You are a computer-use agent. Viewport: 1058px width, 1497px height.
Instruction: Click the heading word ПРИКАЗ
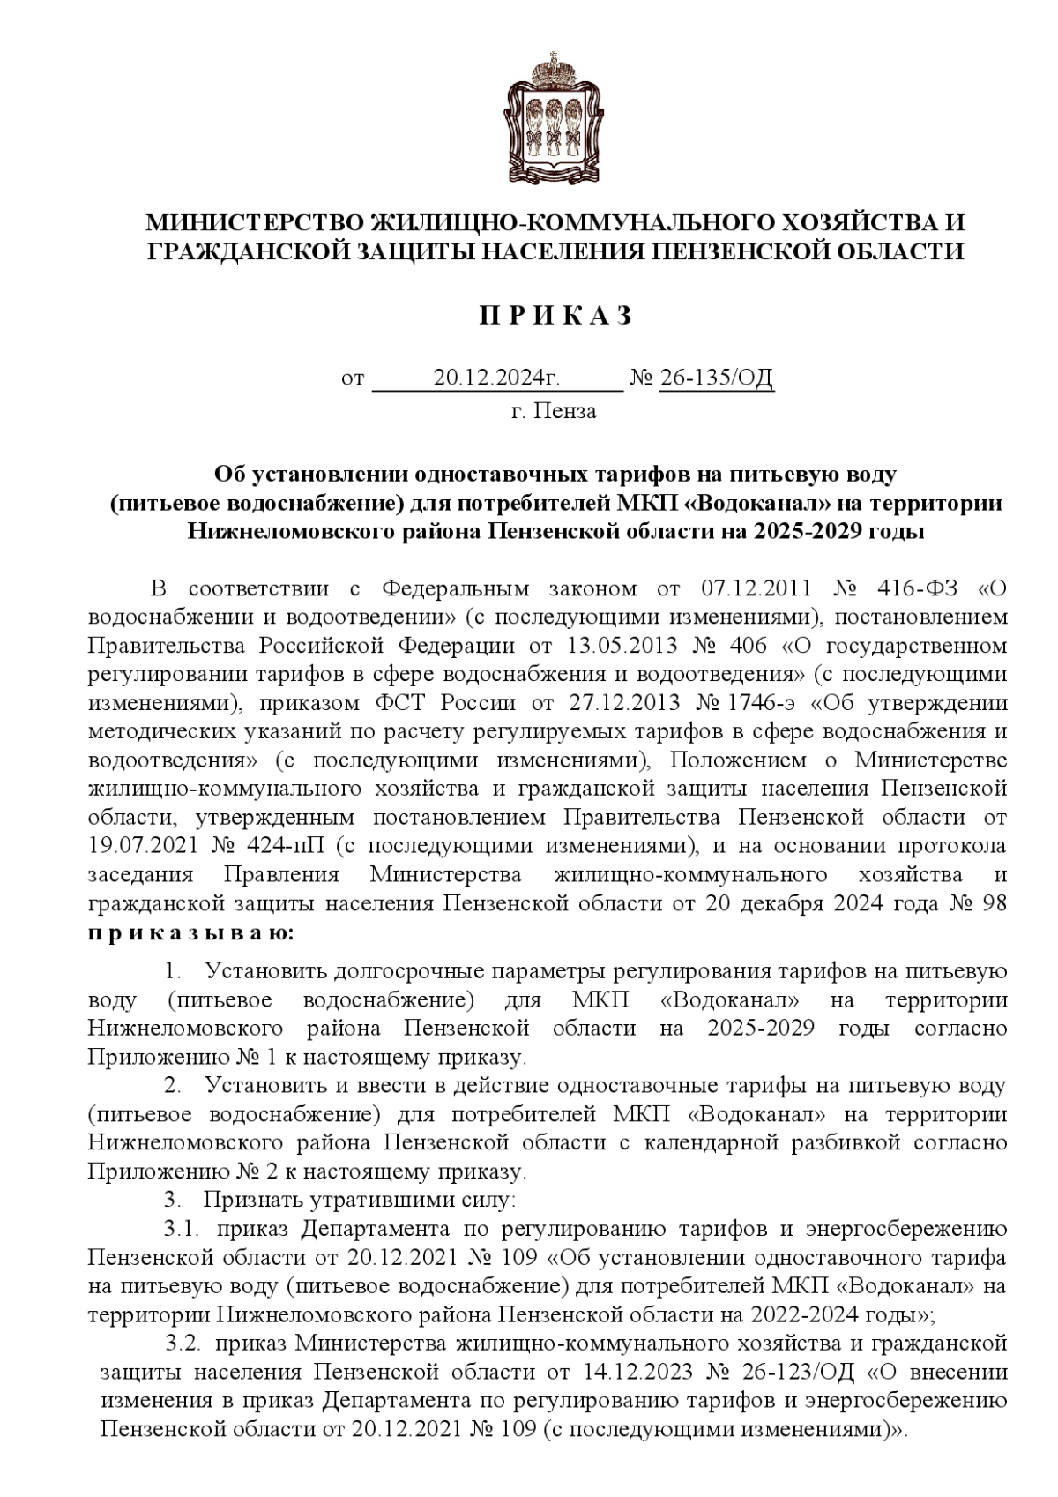click(555, 317)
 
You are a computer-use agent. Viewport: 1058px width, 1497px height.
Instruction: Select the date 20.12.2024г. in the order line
click(497, 378)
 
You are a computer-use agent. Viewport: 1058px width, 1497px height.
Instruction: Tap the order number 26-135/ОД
click(716, 378)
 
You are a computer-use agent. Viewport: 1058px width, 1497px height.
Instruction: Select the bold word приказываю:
click(191, 932)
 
